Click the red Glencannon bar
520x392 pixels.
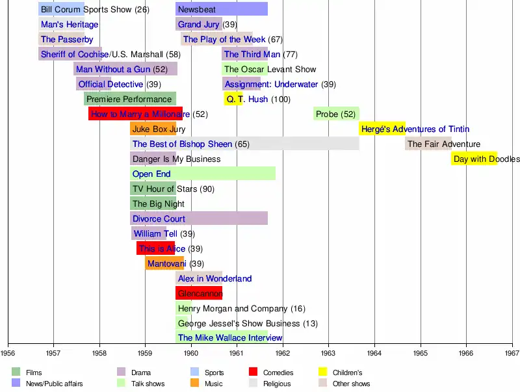pyautogui.click(x=199, y=293)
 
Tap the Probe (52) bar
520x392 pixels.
pyautogui.click(x=336, y=114)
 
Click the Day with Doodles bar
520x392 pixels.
pyautogui.click(x=474, y=159)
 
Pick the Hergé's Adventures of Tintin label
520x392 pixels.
pyautogui.click(x=414, y=129)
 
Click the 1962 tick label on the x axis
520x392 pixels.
pyautogui.click(x=283, y=353)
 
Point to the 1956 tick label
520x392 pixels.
pyautogui.click(x=8, y=353)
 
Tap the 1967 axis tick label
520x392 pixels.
pyautogui.click(x=512, y=353)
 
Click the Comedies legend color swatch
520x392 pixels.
pyautogui.click(x=253, y=372)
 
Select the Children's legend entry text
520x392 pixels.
pyautogui.click(x=347, y=373)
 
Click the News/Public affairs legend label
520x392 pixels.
pyautogui.click(x=54, y=384)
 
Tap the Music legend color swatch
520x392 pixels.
pyautogui.click(x=194, y=384)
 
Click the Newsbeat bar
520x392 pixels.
pyautogui.click(x=221, y=9)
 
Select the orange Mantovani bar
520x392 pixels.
pyautogui.click(x=165, y=264)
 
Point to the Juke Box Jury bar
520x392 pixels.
pyautogui.click(x=153, y=129)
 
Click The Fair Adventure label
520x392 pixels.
pyautogui.click(x=444, y=144)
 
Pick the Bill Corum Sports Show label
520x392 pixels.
pyautogui.click(x=95, y=10)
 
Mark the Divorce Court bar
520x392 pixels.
pyautogui.click(x=198, y=219)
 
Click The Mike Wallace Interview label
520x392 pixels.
pyautogui.click(x=230, y=338)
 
